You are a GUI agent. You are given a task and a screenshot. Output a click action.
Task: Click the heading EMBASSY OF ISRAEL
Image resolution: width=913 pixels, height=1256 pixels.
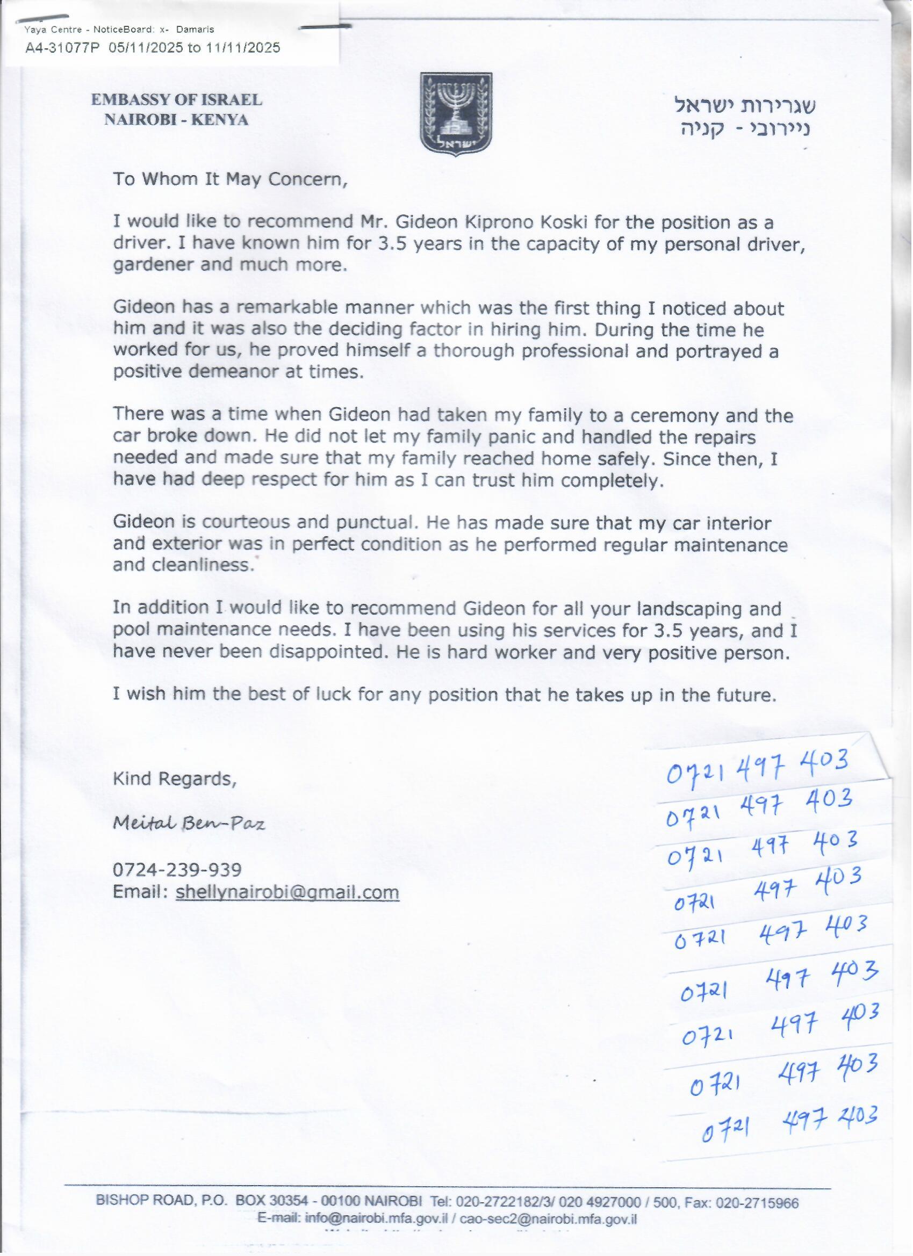pyautogui.click(x=176, y=100)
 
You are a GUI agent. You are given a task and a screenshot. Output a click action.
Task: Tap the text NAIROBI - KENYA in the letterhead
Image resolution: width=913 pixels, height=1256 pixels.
pyautogui.click(x=176, y=120)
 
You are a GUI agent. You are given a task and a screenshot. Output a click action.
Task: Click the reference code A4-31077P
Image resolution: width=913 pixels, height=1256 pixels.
pyautogui.click(x=62, y=48)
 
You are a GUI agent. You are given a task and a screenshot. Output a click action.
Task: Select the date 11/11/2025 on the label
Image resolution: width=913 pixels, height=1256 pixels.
pyautogui.click(x=243, y=48)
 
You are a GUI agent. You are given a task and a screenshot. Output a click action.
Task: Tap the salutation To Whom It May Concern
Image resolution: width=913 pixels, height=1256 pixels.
pyautogui.click(x=231, y=179)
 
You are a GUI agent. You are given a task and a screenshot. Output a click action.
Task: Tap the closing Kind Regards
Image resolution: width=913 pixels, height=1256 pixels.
pyautogui.click(x=175, y=778)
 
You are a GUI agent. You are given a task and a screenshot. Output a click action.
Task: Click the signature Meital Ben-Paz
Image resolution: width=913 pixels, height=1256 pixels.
pyautogui.click(x=189, y=824)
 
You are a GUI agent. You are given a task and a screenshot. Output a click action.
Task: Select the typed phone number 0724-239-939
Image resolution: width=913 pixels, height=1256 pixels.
pyautogui.click(x=177, y=869)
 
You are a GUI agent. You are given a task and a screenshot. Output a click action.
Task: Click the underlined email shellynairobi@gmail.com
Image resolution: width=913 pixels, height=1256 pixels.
pyautogui.click(x=287, y=892)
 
